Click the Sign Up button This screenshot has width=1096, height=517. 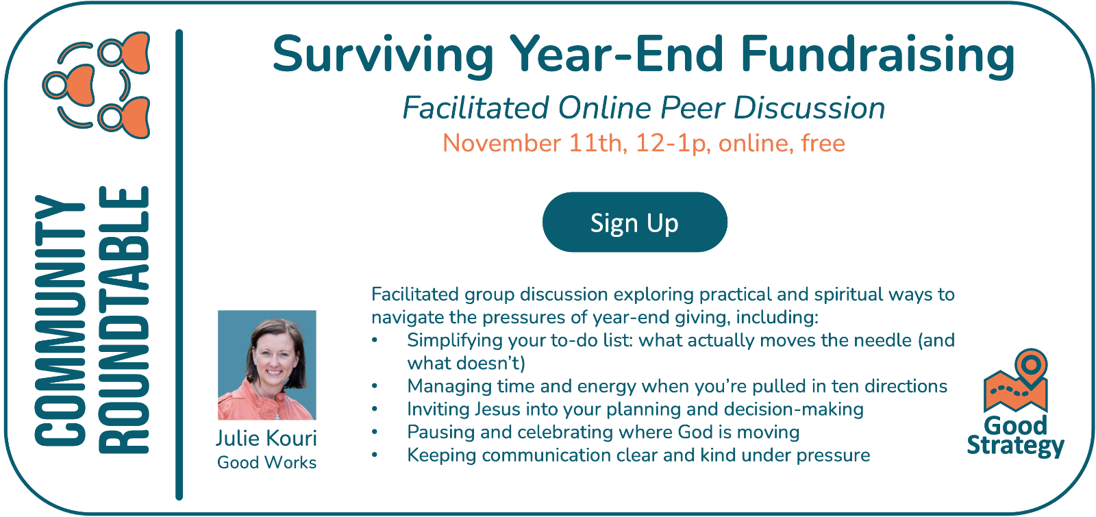[634, 222]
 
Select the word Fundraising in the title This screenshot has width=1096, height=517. [877, 55]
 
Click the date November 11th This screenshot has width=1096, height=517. [535, 143]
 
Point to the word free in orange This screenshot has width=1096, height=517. [823, 143]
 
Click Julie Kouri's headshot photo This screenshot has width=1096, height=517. [266, 365]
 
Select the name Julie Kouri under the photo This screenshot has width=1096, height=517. [266, 438]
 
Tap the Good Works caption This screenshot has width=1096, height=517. [266, 462]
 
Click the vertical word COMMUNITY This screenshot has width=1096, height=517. [60, 320]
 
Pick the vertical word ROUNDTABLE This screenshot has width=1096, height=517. [124, 320]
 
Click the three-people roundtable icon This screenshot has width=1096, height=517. [97, 85]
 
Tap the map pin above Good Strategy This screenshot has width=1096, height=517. [1031, 368]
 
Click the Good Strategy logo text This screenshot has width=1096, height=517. [1015, 437]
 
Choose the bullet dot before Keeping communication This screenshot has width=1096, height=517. [375, 455]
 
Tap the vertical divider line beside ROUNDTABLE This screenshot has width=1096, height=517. [179, 264]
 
